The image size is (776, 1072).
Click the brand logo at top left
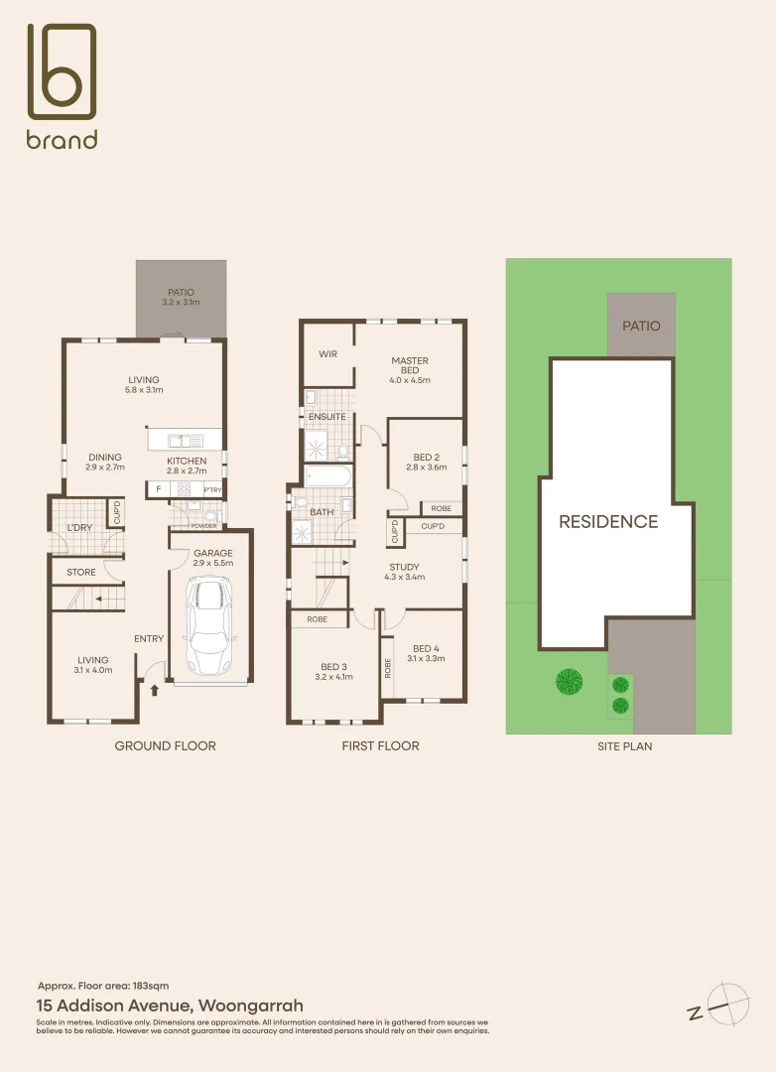(x=62, y=86)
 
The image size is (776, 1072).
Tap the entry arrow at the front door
(x=155, y=689)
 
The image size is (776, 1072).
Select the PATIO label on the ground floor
(x=181, y=292)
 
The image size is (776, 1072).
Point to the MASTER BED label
(x=410, y=366)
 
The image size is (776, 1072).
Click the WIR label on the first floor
(x=328, y=354)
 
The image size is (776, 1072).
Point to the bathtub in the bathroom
(x=327, y=476)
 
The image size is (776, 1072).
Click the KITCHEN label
(x=187, y=462)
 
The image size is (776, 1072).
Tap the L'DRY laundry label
(x=78, y=528)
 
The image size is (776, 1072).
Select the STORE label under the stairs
(x=81, y=572)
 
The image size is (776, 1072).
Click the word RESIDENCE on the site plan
(x=608, y=522)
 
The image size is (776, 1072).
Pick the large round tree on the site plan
(x=569, y=681)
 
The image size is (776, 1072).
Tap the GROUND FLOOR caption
(x=165, y=745)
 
